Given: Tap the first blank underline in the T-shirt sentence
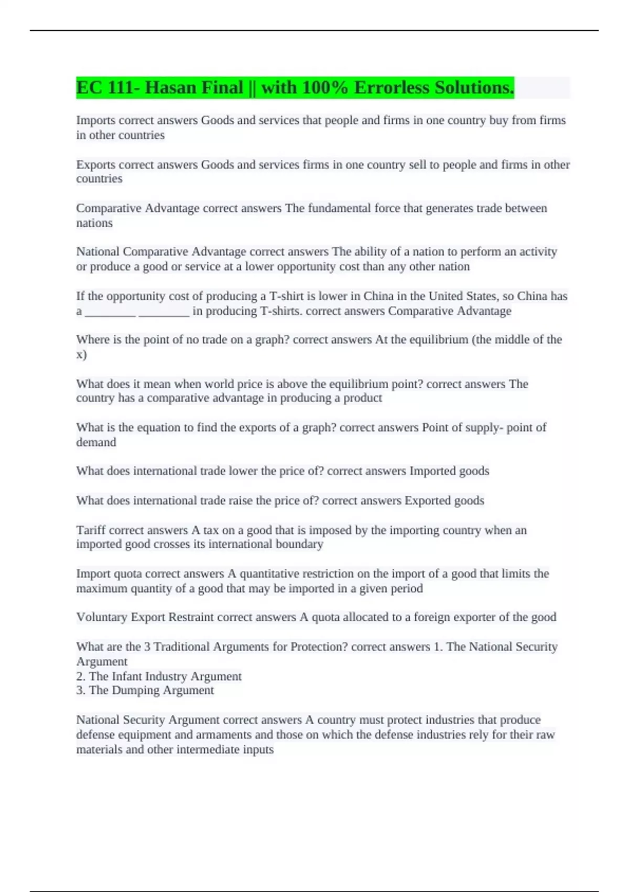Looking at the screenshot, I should click(x=110, y=312).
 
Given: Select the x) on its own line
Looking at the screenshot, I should click(x=81, y=355).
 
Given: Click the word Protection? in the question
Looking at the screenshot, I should click(x=319, y=646).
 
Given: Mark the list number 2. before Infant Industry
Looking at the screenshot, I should click(x=81, y=676).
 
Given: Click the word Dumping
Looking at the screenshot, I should click(x=135, y=690).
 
